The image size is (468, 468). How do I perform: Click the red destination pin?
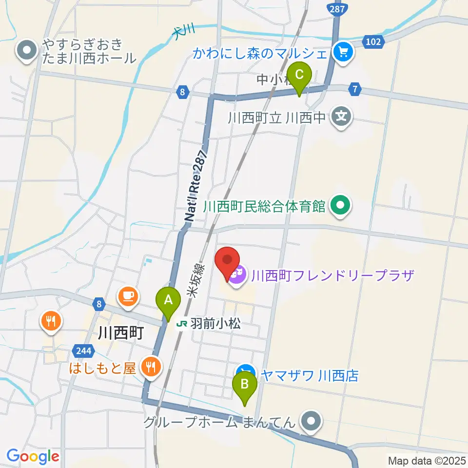click(227, 263)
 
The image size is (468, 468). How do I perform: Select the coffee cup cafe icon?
click(128, 296)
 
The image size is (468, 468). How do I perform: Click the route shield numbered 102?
click(373, 42)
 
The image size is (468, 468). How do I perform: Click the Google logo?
click(33, 456)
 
